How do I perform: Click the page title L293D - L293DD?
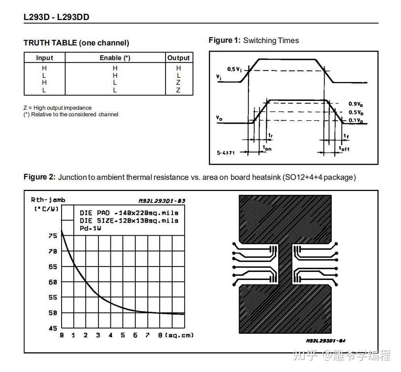[57, 17]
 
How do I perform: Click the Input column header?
[45, 58]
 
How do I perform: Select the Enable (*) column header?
[115, 58]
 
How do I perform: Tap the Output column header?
[179, 58]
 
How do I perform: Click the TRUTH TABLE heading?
[76, 43]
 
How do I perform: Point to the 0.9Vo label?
[356, 104]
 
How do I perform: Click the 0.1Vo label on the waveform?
[356, 121]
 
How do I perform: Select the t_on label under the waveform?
[267, 147]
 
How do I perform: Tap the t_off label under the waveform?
[344, 148]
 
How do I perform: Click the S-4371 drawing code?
[226, 152]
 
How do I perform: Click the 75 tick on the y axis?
[53, 236]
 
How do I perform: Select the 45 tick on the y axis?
[53, 328]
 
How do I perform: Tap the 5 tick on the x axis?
[123, 335]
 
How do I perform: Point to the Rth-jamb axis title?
[48, 199]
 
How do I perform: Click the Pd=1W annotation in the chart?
[90, 228]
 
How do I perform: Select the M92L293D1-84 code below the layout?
[326, 341]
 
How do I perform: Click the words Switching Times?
[271, 40]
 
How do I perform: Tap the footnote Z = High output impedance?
[58, 108]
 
